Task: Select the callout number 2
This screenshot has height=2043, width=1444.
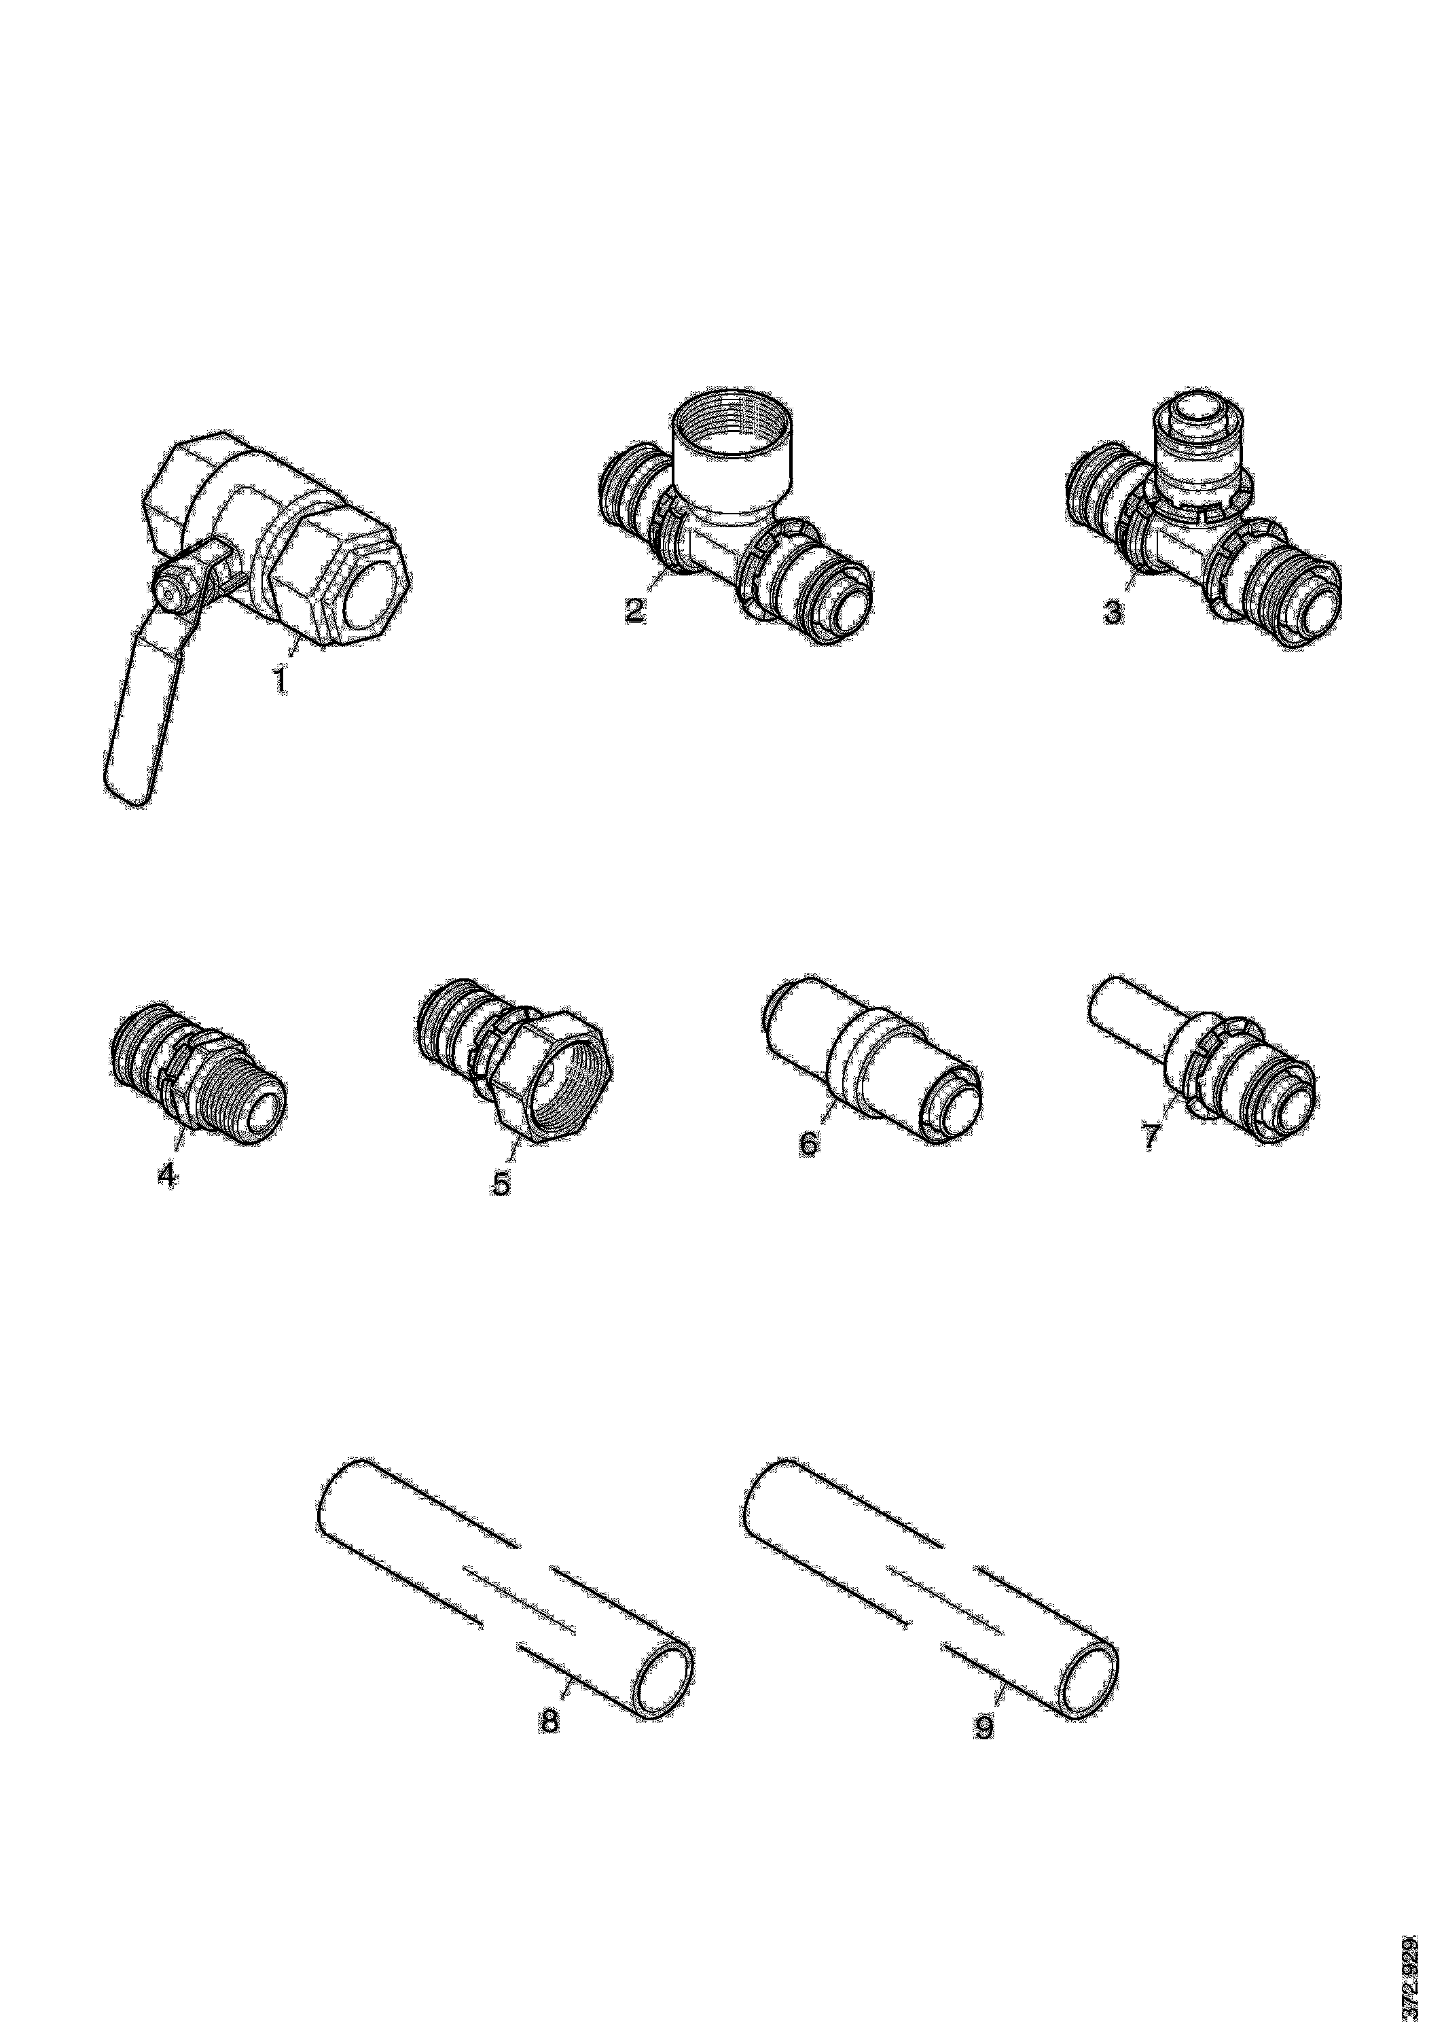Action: [634, 611]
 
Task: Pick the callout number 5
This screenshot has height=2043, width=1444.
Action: [502, 1183]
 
